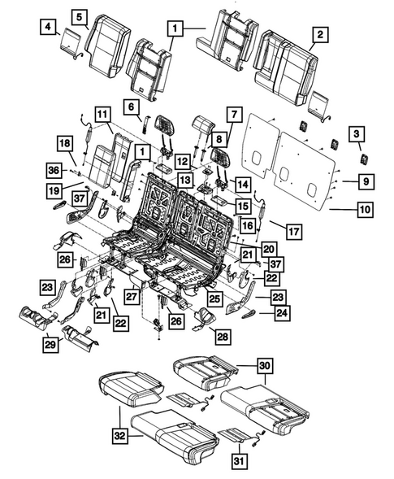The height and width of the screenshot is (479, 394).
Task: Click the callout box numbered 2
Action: click(x=321, y=34)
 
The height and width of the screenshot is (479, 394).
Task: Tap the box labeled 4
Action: click(x=49, y=29)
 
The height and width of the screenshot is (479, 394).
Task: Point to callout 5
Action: click(x=79, y=16)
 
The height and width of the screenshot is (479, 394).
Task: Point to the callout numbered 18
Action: click(x=65, y=144)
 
